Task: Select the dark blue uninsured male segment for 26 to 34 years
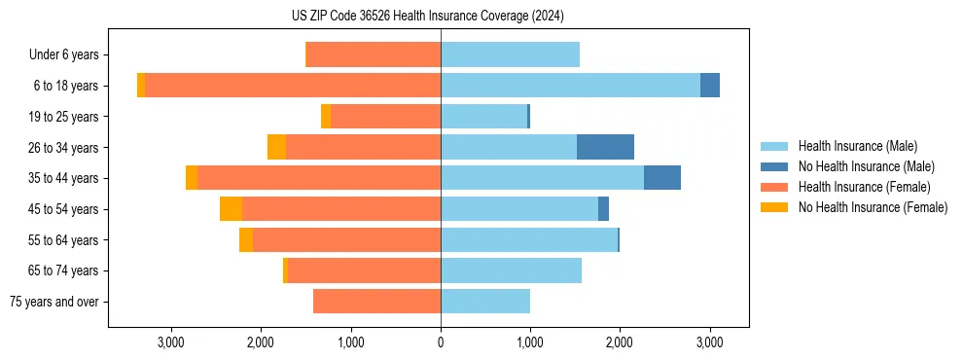click(605, 147)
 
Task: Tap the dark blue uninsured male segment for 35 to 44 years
click(661, 178)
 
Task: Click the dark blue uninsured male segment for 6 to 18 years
click(710, 86)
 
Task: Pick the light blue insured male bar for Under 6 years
click(510, 54)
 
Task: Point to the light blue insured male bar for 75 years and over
click(485, 302)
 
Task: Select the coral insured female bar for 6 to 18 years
click(292, 86)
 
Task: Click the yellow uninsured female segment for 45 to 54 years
click(231, 209)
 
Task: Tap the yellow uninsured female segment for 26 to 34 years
click(276, 147)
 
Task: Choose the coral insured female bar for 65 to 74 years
click(364, 270)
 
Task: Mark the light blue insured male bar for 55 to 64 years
click(529, 239)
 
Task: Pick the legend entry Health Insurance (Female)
click(864, 187)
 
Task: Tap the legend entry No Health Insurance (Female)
click(873, 207)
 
